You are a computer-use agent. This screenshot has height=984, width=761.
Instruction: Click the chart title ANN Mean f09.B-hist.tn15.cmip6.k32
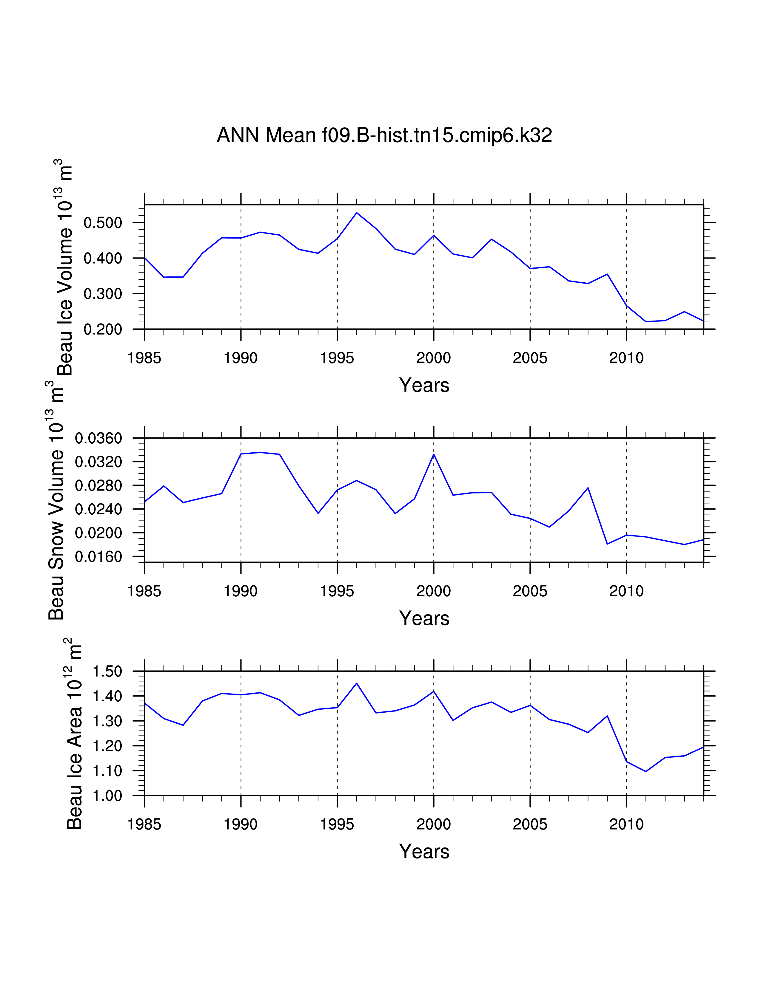pyautogui.click(x=384, y=135)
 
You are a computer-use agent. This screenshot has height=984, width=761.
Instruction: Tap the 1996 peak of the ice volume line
pyautogui.click(x=357, y=213)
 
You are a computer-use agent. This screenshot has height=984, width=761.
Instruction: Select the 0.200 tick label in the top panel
pyautogui.click(x=103, y=329)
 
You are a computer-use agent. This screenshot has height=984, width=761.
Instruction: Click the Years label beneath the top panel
pyautogui.click(x=424, y=386)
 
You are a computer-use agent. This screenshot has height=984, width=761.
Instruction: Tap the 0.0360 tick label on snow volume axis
pyautogui.click(x=98, y=438)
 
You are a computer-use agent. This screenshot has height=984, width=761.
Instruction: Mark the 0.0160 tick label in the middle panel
pyautogui.click(x=98, y=557)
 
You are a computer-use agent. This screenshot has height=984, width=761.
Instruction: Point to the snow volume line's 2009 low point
pyautogui.click(x=607, y=544)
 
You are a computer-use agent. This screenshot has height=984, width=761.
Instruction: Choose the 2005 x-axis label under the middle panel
pyautogui.click(x=530, y=591)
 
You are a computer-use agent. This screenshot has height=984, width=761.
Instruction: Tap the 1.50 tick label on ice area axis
pyautogui.click(x=107, y=671)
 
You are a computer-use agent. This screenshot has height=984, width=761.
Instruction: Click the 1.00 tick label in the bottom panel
pyautogui.click(x=107, y=796)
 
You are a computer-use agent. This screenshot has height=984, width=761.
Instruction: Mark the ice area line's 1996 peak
pyautogui.click(x=357, y=683)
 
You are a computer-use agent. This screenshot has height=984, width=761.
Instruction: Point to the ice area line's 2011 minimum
pyautogui.click(x=646, y=771)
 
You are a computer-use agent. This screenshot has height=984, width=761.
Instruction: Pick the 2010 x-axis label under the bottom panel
pyautogui.click(x=626, y=824)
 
